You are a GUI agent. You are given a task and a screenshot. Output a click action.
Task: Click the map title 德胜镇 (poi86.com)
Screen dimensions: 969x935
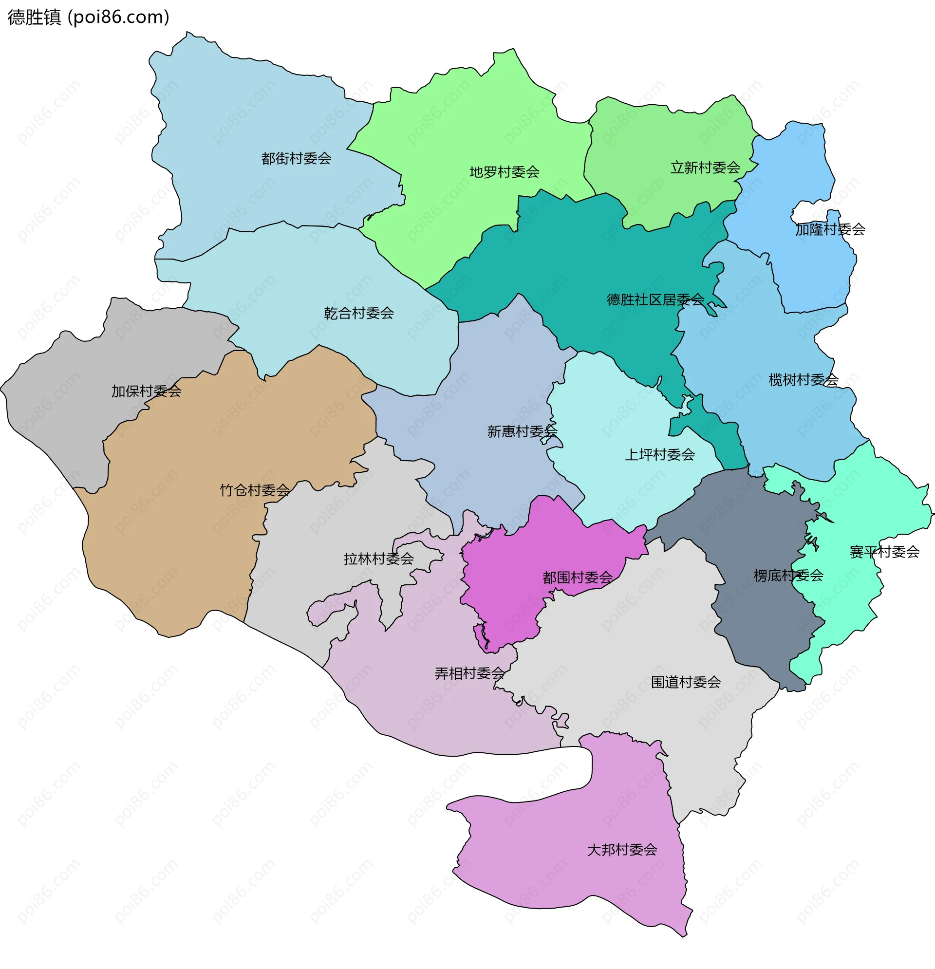[89, 18]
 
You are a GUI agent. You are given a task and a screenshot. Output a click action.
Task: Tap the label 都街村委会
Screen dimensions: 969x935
[296, 159]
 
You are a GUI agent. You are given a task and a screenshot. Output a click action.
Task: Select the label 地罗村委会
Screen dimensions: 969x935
[504, 172]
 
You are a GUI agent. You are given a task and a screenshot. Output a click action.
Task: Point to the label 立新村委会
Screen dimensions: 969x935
[705, 168]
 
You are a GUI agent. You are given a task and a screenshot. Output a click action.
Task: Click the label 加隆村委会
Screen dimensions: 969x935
[830, 229]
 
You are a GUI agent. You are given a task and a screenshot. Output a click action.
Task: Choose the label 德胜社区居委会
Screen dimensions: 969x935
[655, 299]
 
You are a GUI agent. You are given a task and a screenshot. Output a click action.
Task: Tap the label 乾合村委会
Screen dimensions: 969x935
[358, 313]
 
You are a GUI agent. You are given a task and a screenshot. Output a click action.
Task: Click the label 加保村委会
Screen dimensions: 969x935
[146, 391]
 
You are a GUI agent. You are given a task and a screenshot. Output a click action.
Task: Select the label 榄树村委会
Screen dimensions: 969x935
[803, 380]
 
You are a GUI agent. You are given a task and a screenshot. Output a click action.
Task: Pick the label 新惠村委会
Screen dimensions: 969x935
[522, 431]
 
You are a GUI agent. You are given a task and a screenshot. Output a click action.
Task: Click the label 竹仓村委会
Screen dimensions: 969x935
[254, 490]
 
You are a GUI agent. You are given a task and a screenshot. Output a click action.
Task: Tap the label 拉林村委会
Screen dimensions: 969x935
[378, 559]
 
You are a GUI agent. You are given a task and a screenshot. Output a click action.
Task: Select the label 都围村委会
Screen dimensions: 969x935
[577, 577]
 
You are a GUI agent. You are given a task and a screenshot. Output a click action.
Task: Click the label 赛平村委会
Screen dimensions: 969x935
[884, 552]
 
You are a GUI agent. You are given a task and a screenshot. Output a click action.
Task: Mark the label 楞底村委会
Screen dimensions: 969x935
[787, 575]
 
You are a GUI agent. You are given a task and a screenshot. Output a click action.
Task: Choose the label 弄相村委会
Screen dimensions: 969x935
[469, 673]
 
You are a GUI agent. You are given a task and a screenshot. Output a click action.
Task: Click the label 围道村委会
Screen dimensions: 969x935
[685, 682]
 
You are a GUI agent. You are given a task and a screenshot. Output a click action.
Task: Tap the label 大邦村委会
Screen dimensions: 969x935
[621, 849]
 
